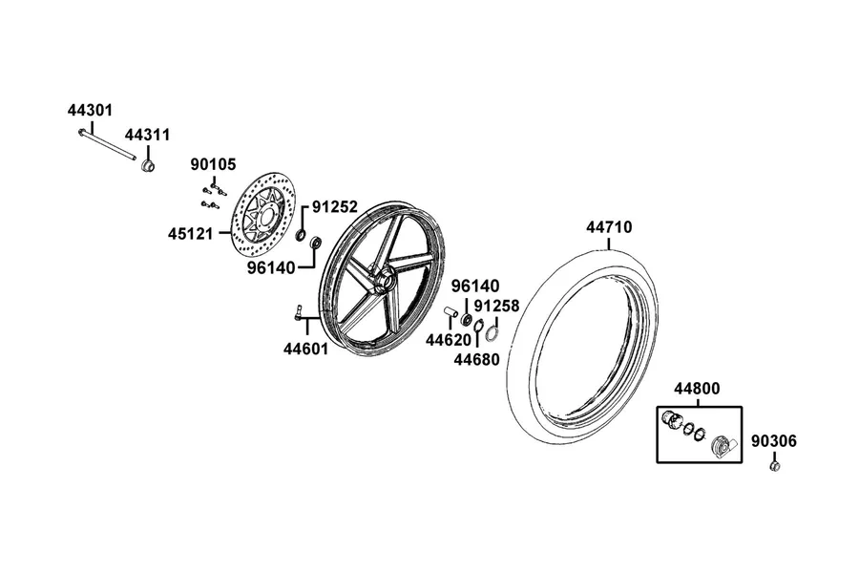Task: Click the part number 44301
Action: click(90, 110)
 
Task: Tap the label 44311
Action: click(147, 135)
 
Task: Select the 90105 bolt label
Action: click(213, 164)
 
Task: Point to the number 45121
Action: click(190, 234)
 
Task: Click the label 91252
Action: click(335, 206)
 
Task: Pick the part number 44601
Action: click(305, 349)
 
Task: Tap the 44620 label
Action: click(449, 341)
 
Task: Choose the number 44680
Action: click(476, 360)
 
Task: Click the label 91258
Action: click(497, 306)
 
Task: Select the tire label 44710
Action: click(609, 227)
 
